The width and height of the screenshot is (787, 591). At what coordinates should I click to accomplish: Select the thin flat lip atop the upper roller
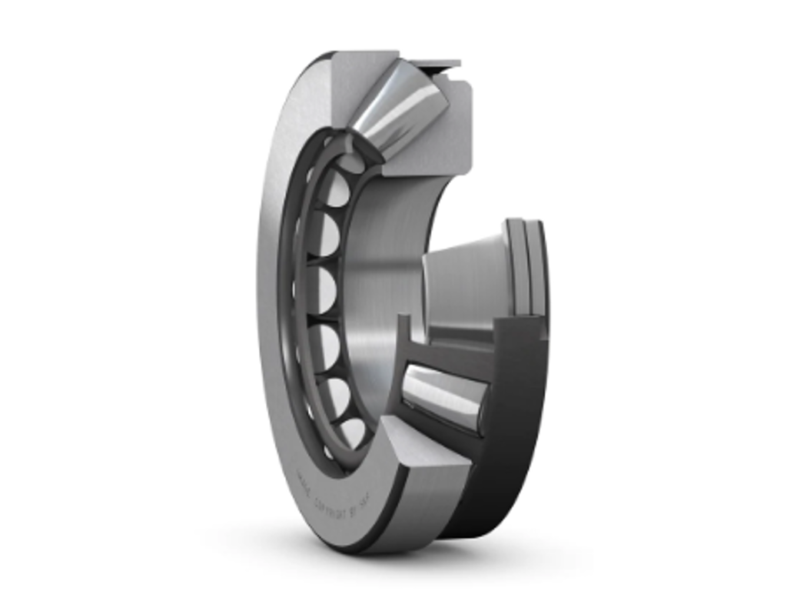[x=435, y=64]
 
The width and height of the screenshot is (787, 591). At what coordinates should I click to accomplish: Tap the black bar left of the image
[x=96, y=295]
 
